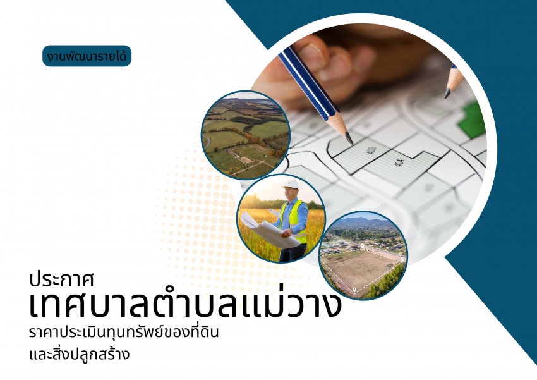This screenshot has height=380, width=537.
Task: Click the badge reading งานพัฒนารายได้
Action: click(x=87, y=56)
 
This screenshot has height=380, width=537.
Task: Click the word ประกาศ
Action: click(x=62, y=279)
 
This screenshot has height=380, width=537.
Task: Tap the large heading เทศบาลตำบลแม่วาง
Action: click(x=185, y=303)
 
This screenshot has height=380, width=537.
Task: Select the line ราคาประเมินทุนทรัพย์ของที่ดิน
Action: click(x=124, y=332)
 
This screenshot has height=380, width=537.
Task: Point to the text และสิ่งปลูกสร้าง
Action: click(x=80, y=353)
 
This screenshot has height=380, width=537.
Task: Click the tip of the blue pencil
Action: click(x=351, y=142)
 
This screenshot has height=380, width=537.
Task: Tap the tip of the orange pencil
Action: click(x=447, y=95)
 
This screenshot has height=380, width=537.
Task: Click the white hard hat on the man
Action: click(x=291, y=185)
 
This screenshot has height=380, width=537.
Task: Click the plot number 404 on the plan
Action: click(x=399, y=163)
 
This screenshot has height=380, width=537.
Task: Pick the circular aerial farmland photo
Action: click(x=246, y=135)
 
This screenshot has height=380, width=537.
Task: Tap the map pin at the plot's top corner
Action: click(x=363, y=247)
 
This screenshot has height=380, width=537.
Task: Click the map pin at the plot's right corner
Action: click(x=403, y=259)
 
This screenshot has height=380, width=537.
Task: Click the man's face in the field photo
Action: click(x=289, y=194)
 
